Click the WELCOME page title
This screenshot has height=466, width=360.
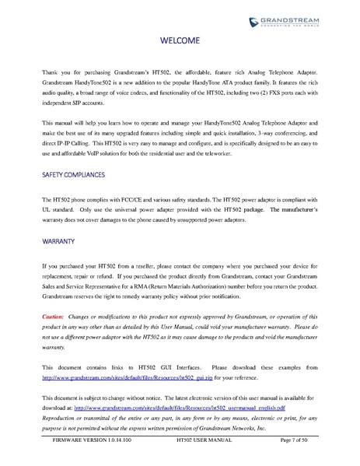[x=180, y=40]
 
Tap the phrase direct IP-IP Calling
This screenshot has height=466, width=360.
[x=75, y=145]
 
